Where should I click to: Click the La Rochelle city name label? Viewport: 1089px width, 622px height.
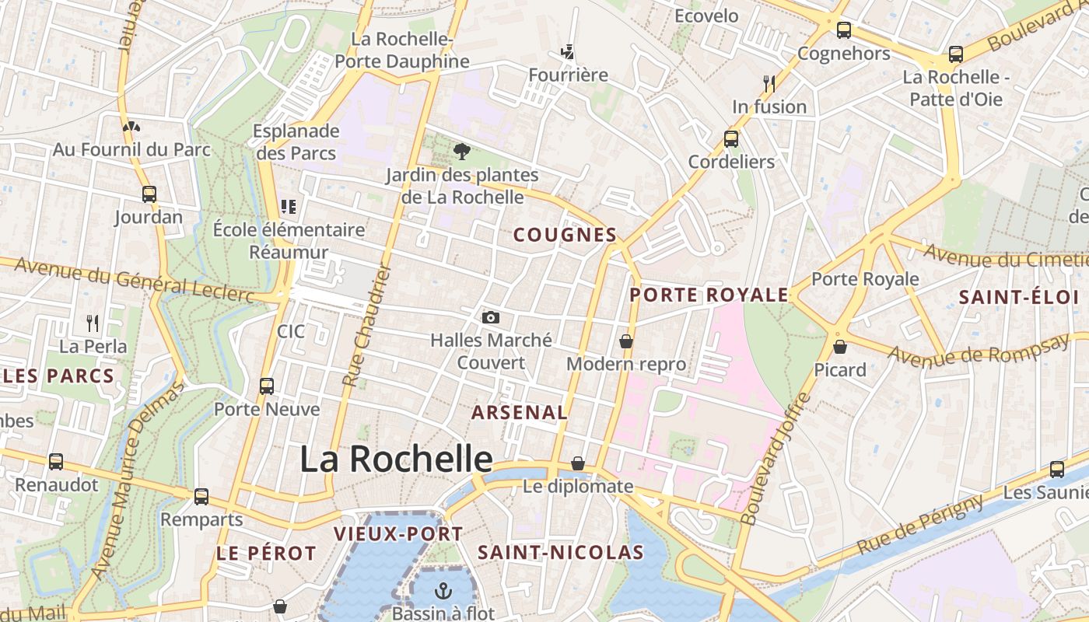[396, 460]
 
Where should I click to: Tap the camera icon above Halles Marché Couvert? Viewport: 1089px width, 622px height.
[490, 316]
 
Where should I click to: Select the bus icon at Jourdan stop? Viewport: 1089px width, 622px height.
[149, 194]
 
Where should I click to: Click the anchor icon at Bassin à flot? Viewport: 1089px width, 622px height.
[443, 590]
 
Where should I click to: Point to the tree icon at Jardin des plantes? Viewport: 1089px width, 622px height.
[462, 151]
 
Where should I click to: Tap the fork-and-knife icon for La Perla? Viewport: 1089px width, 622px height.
[93, 323]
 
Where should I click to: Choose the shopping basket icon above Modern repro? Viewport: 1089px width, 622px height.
[626, 341]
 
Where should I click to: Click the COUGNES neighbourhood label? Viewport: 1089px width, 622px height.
[565, 235]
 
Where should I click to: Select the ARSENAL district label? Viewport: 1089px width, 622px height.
[520, 413]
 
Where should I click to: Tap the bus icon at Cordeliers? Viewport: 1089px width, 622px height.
[731, 139]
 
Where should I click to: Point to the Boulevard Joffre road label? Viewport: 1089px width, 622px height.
[775, 458]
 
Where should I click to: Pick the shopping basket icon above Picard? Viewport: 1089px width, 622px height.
[839, 347]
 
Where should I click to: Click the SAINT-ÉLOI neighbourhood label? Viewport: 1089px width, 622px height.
[1018, 297]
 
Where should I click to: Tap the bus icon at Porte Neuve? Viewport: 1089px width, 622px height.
[267, 386]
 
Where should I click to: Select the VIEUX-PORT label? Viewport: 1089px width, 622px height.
[398, 534]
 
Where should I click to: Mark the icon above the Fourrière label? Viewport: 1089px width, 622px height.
[569, 53]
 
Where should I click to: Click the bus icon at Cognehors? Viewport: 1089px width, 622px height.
[844, 30]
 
